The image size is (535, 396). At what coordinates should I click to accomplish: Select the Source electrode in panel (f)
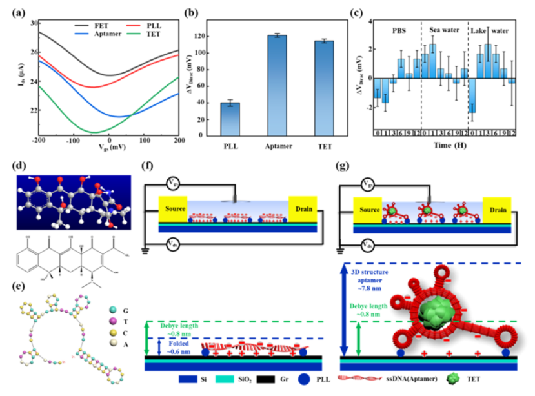point(174,208)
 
